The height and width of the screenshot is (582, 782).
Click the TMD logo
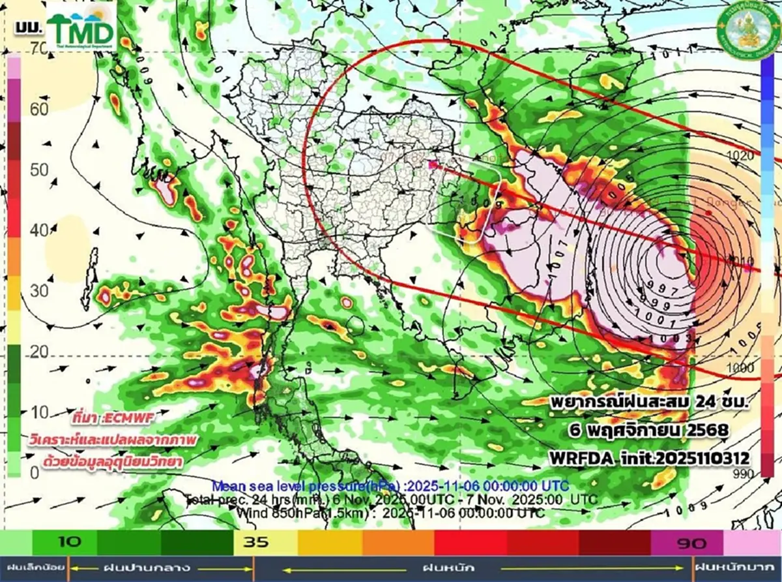[x=81, y=31]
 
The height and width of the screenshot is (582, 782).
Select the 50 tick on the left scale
[x=39, y=170]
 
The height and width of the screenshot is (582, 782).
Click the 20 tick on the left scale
[x=39, y=352]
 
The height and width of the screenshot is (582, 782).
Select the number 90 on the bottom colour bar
[x=686, y=542]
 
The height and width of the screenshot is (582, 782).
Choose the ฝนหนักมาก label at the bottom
[x=736, y=567]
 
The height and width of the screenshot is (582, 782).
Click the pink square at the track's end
[x=433, y=165]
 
